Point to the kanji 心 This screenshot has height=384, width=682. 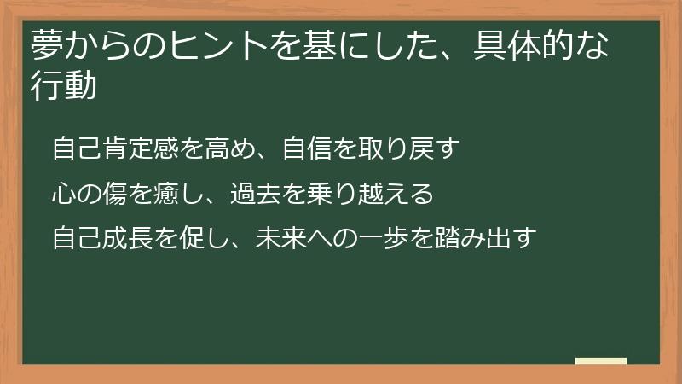[64, 194]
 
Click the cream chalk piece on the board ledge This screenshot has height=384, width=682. [601, 361]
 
